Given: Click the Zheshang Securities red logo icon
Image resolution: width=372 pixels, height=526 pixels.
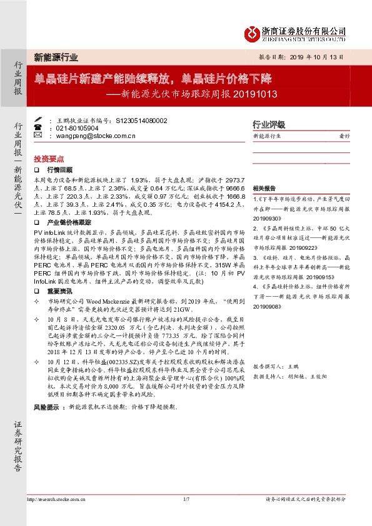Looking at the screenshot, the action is [251, 32].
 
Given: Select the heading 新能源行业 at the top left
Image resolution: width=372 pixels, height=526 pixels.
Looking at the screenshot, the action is [56, 57].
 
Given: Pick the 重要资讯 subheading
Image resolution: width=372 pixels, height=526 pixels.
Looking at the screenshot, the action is [60, 291].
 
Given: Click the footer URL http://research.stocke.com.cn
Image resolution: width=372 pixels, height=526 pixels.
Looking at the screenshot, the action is [56, 499].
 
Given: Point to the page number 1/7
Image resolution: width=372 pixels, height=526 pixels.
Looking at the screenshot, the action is [186, 499].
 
